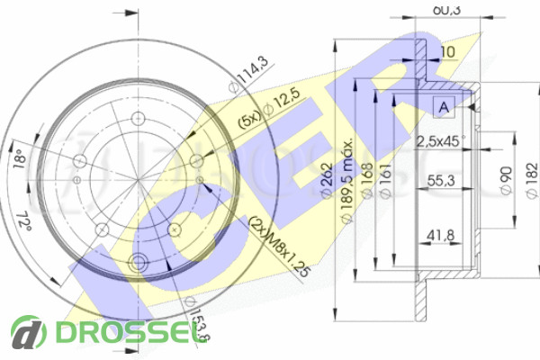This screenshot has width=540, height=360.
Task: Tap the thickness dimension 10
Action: pyautogui.click(x=448, y=52)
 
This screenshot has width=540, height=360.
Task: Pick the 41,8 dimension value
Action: pyautogui.click(x=439, y=236)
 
